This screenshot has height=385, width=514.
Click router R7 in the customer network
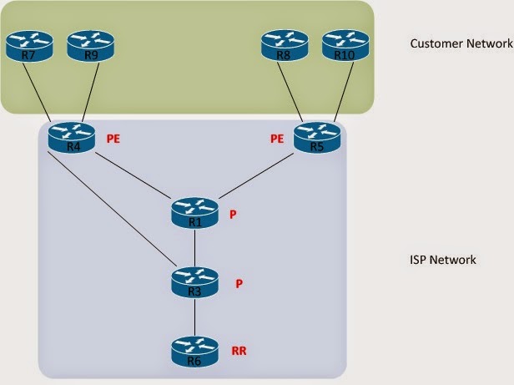tap(28, 46)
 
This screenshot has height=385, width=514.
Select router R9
tap(89, 46)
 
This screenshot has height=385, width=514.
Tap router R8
tap(285, 46)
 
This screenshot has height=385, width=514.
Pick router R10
tap(345, 46)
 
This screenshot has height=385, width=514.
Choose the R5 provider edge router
tap(315, 139)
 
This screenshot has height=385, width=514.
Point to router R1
tap(194, 213)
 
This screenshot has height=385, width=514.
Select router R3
tap(194, 282)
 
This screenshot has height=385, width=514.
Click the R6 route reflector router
tap(194, 351)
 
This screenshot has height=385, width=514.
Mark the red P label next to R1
tap(234, 215)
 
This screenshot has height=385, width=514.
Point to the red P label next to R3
tap(239, 284)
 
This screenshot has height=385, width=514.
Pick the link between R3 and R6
tap(194, 317)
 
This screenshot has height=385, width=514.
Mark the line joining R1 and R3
tap(194, 247)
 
